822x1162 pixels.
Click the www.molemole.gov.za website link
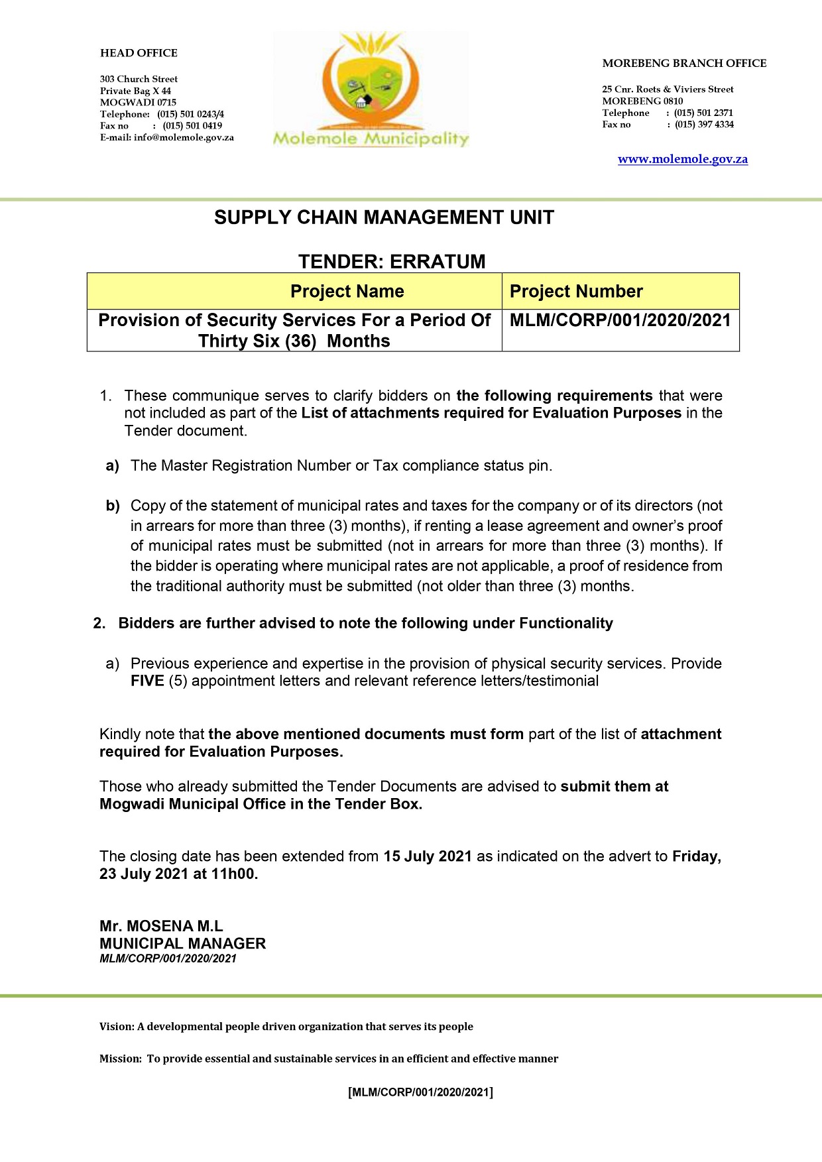click(x=682, y=159)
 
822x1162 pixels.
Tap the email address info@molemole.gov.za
click(x=184, y=138)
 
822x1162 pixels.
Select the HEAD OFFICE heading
click(x=139, y=53)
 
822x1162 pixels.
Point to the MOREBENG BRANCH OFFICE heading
click(x=684, y=64)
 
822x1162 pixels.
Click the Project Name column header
click(x=347, y=292)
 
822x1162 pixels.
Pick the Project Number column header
click(x=576, y=292)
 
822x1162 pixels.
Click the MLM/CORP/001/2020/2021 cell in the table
click(x=620, y=321)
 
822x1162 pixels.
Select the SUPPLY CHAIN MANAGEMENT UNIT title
click(x=384, y=217)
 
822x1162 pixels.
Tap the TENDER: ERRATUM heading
click(x=392, y=262)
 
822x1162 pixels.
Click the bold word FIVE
click(x=147, y=681)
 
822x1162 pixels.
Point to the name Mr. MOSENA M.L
click(x=161, y=926)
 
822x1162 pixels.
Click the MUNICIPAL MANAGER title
click(x=182, y=943)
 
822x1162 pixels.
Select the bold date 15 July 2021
click(x=428, y=856)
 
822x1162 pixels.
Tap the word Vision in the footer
click(x=116, y=1027)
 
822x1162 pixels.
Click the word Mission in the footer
click(x=119, y=1059)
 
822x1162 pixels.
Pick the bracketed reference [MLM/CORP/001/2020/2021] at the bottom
click(x=420, y=1092)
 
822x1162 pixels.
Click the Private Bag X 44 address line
click(x=135, y=91)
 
